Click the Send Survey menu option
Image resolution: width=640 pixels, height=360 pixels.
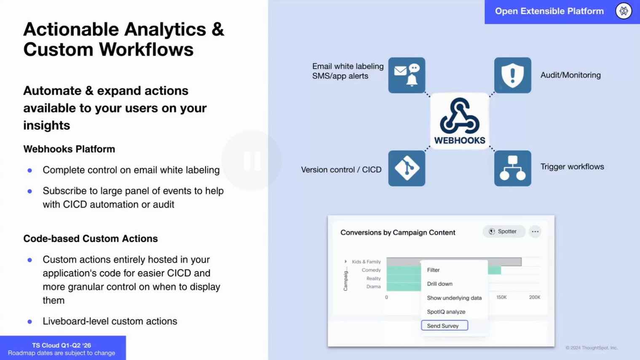[x=444, y=325]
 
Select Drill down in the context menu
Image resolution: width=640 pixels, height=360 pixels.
[x=439, y=284]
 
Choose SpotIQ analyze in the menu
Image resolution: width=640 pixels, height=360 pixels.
[x=446, y=312]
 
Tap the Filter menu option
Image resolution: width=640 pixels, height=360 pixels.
[x=433, y=270]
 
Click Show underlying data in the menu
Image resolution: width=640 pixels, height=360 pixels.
[x=454, y=298]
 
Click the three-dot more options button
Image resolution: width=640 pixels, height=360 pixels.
[x=535, y=232]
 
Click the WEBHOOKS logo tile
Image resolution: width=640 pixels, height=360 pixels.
[x=460, y=121]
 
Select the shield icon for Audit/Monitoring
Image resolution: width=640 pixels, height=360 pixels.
[x=513, y=75]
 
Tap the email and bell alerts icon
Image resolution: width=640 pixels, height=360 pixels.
[x=407, y=75]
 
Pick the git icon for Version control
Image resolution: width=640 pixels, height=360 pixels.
[x=407, y=168]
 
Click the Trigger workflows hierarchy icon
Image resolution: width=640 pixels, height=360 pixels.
[x=513, y=168]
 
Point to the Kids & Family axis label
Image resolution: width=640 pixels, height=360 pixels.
[x=366, y=261]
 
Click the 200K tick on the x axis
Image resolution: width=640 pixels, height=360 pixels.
[x=535, y=297]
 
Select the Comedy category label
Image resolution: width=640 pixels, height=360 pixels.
[x=371, y=270]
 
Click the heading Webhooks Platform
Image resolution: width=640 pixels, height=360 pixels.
[x=69, y=149]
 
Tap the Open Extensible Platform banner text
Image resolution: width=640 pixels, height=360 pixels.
[x=549, y=11]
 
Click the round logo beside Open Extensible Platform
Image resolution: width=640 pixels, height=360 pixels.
[x=624, y=11]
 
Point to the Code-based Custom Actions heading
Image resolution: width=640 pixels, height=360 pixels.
[x=91, y=238]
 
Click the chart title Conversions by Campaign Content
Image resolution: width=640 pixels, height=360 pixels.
[x=398, y=232]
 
